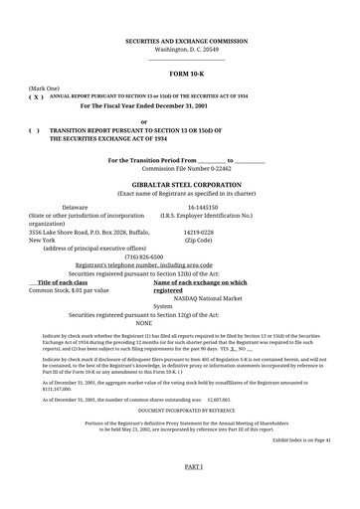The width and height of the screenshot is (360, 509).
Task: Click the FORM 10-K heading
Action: (x=186, y=75)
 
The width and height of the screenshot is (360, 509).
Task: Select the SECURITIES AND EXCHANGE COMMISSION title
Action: (x=186, y=40)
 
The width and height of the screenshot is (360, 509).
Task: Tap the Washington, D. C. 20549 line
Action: (x=186, y=49)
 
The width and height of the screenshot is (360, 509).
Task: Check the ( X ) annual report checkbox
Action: (x=36, y=97)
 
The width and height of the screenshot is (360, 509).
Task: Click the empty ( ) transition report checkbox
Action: (x=35, y=129)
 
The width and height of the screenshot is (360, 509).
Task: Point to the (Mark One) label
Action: (x=45, y=88)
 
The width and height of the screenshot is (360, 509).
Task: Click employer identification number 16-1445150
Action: (x=203, y=207)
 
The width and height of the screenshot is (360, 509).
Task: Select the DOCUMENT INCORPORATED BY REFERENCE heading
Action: (x=186, y=410)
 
